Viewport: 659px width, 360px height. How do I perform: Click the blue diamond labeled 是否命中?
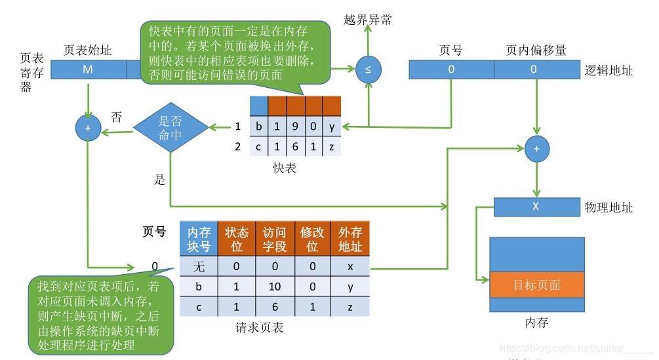[x=170, y=127]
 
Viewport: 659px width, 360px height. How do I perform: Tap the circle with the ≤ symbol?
[x=368, y=70]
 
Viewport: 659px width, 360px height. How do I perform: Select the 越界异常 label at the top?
[x=368, y=20]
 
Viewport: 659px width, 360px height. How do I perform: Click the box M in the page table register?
[x=88, y=70]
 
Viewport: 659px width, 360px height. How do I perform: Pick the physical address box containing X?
[x=536, y=207]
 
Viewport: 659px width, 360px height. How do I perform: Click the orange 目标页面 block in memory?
[x=536, y=285]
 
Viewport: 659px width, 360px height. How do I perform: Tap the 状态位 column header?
[x=237, y=239]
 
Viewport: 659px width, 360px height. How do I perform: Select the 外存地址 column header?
[x=350, y=239]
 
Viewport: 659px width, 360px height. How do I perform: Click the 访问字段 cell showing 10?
[x=275, y=287]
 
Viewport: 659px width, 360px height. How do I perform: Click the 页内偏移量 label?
[x=536, y=50]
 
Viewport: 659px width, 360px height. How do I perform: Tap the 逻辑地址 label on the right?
[x=609, y=70]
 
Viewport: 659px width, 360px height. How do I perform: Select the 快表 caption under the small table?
[x=285, y=169]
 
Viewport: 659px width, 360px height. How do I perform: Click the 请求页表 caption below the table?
[x=260, y=327]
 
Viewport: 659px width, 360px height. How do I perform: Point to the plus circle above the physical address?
[x=536, y=149]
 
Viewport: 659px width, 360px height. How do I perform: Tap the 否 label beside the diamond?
[x=116, y=117]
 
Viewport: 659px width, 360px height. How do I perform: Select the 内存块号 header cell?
[x=199, y=239]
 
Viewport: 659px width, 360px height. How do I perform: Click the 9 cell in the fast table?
[x=295, y=126]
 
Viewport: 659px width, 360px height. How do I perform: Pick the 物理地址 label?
[x=609, y=208]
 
